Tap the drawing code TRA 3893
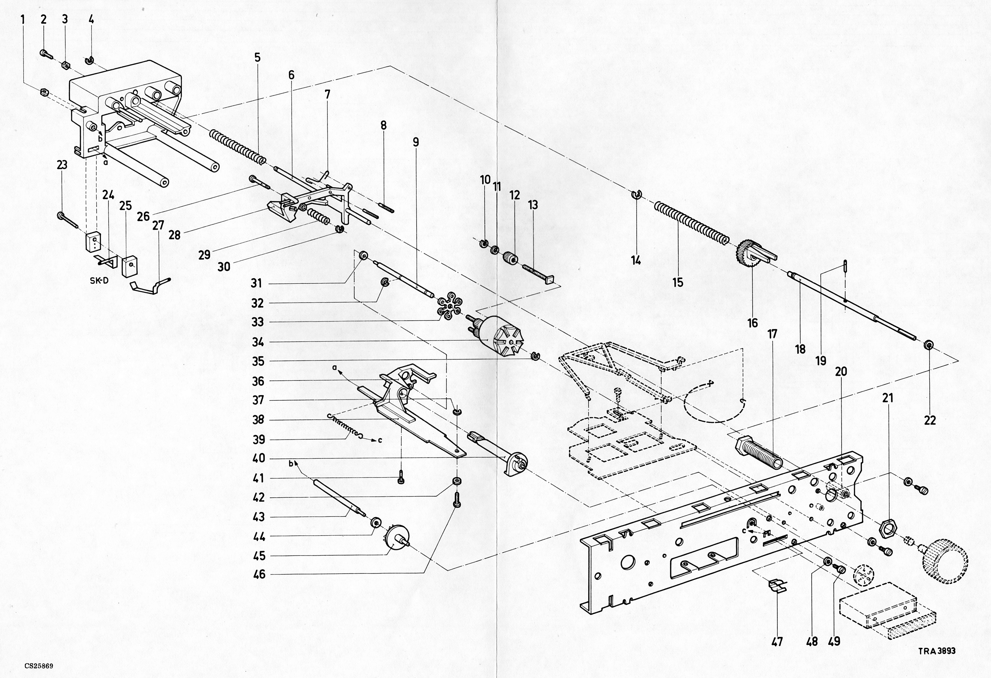[x=937, y=651]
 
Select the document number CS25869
[x=39, y=666]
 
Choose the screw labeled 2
[x=44, y=53]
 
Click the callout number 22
[x=930, y=420]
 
